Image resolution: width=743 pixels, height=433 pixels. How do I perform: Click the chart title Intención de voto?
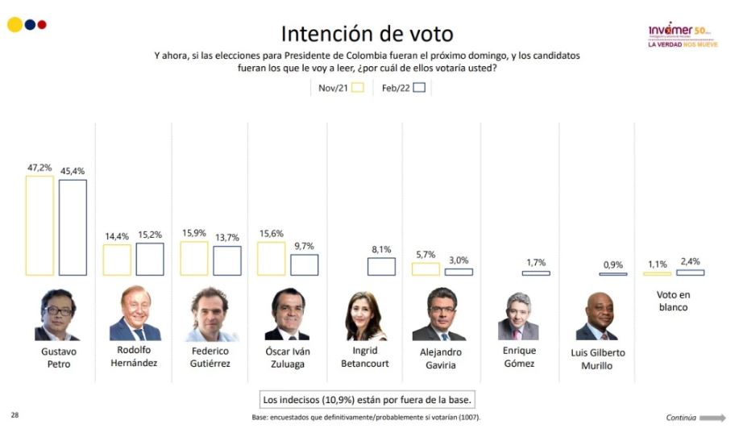367,33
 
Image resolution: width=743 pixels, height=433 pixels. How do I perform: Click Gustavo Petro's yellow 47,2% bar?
39,225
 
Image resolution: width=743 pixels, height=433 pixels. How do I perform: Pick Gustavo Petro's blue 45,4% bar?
73,227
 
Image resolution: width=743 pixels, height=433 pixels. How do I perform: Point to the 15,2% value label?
150,235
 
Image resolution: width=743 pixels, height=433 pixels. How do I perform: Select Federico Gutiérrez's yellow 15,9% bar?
194,258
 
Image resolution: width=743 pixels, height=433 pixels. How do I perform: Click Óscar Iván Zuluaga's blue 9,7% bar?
304,264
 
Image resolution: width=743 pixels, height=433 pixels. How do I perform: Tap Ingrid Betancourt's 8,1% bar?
381,266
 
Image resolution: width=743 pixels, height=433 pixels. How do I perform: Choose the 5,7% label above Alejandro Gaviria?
425,254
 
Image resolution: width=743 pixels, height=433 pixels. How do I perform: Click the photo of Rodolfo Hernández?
135,314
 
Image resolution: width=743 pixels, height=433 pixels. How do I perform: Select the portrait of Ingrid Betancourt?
367,316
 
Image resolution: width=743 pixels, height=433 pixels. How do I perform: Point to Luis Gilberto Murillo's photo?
596,316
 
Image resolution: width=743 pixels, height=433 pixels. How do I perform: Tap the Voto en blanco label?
674,301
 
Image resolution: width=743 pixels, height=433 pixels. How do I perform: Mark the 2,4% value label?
689,260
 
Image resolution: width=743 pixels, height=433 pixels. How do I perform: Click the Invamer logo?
680,33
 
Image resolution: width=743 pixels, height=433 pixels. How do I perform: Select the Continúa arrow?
712,418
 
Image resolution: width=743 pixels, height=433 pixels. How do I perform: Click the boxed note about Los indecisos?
367,399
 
